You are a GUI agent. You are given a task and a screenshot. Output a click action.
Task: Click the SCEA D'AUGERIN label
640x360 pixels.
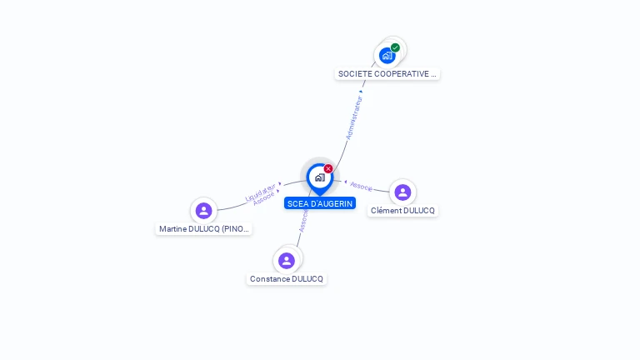(x=320, y=203)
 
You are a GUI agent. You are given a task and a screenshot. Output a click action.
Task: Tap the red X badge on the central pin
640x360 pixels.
(x=328, y=168)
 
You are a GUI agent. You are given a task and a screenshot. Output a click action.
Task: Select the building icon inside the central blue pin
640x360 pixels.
(x=319, y=177)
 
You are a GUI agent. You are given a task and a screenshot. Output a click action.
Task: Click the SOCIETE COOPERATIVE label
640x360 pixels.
(x=387, y=73)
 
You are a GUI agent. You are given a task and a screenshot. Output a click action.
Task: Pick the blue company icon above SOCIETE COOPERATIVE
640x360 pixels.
(x=387, y=56)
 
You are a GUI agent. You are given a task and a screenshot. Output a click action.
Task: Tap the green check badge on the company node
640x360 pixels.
(x=395, y=47)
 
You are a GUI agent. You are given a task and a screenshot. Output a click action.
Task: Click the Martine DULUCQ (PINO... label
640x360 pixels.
(x=204, y=228)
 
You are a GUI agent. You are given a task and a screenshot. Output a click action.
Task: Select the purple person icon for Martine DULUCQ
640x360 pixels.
(x=203, y=211)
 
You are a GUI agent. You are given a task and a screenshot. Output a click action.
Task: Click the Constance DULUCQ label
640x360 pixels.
(x=287, y=278)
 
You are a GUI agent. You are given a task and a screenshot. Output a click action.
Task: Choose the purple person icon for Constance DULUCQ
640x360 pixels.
(x=287, y=261)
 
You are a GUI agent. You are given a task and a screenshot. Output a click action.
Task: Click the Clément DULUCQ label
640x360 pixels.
(x=402, y=211)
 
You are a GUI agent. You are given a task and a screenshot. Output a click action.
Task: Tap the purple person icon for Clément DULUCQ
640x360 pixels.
(x=402, y=192)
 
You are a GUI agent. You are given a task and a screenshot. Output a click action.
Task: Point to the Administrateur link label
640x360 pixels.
(x=354, y=117)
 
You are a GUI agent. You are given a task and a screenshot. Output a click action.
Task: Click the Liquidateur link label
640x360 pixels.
(x=260, y=192)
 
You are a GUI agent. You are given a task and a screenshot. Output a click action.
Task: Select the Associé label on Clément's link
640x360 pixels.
(x=361, y=186)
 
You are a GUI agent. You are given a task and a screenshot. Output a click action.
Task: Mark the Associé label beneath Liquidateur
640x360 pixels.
(x=264, y=199)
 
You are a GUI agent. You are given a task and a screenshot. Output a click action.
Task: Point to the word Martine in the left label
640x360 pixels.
(x=173, y=228)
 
